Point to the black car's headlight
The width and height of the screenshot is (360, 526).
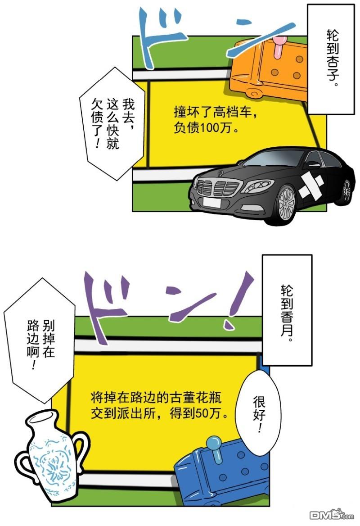[257, 185]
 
